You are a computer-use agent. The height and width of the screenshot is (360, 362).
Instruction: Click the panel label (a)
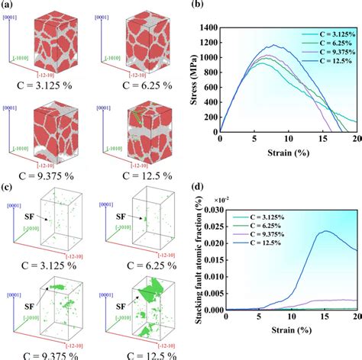pos(8,6)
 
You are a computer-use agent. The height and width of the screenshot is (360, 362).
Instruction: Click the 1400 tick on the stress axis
pos(209,27)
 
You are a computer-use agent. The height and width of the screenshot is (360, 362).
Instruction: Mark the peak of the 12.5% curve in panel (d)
pos(326,210)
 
